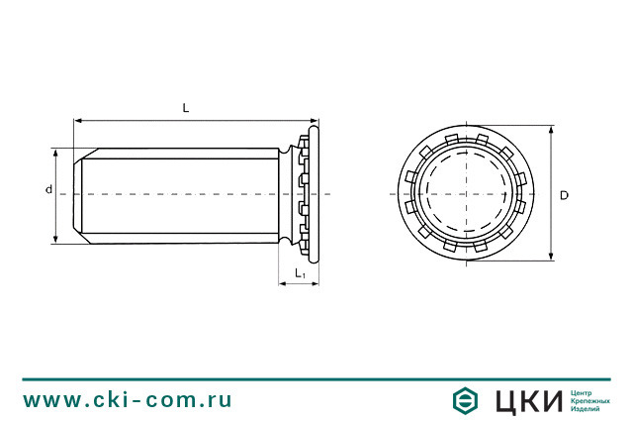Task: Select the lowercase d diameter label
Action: pyautogui.click(x=47, y=188)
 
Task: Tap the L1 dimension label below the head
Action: pyautogui.click(x=300, y=272)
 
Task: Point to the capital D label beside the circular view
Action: pyautogui.click(x=564, y=195)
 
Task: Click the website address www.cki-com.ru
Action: pyautogui.click(x=128, y=400)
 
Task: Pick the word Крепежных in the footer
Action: pyautogui.click(x=589, y=400)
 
